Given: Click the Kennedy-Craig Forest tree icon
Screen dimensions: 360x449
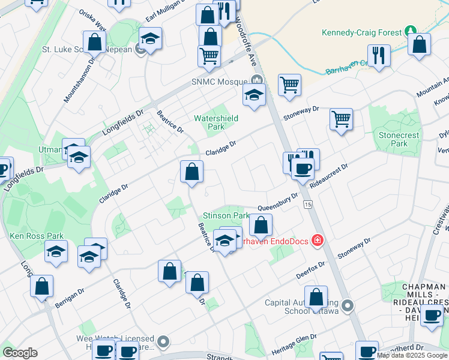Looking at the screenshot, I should (x=411, y=31).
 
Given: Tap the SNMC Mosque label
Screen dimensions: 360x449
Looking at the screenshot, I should (x=219, y=82).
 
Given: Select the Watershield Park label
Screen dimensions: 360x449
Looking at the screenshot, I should (x=216, y=122).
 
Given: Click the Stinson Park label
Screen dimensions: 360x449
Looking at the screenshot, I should (x=226, y=215).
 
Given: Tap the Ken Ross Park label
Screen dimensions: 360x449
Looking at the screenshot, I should (x=37, y=236).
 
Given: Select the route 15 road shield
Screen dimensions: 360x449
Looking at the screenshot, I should (x=308, y=205).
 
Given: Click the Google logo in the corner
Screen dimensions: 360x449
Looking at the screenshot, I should (x=20, y=353).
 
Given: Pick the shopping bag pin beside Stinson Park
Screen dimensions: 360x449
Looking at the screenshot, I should (x=261, y=226).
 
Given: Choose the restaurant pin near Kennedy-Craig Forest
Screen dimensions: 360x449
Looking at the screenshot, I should (x=379, y=56).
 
